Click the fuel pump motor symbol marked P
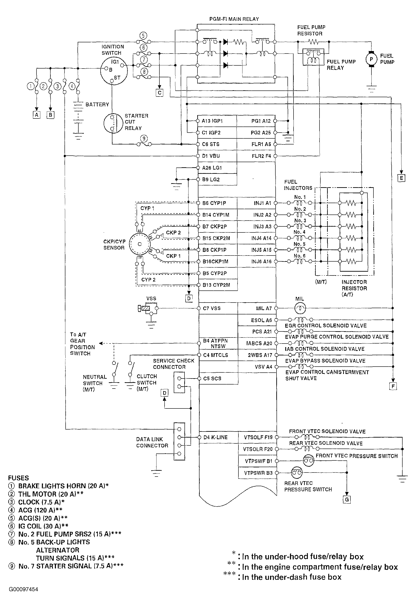click(371, 59)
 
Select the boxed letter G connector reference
click(347, 499)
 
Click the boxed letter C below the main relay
click(159, 93)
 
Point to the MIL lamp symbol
click(300, 308)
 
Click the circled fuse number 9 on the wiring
click(144, 138)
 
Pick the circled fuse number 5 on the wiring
click(143, 36)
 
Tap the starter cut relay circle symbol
click(113, 123)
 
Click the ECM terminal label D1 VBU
click(211, 156)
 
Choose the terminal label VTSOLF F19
click(258, 437)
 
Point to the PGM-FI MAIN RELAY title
click(234, 19)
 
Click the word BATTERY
click(97, 104)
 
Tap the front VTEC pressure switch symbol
click(309, 461)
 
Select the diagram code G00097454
click(23, 589)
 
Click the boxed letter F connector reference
click(393, 386)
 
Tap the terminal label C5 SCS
click(212, 378)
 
